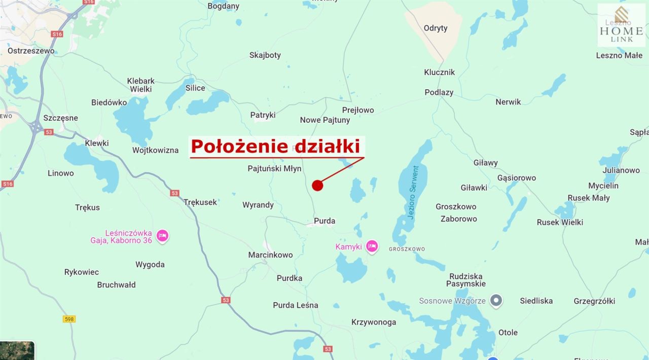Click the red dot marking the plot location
tap(317, 186)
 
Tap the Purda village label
tap(324, 221)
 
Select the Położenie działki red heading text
tap(275, 147)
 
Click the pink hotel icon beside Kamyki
tap(372, 246)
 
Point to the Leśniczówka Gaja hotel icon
tap(162, 235)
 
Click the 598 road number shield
tap(69, 319)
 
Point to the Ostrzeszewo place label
tap(31, 51)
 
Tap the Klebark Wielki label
tap(141, 85)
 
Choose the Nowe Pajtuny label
tap(325, 120)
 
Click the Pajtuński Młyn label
tap(274, 168)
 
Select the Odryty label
tap(436, 28)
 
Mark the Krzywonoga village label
tap(374, 322)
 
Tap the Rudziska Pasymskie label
tap(465, 280)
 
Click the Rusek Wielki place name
tap(560, 222)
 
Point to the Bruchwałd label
tap(116, 285)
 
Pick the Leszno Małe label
tap(619, 55)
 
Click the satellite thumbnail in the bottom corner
tap(17, 350)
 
